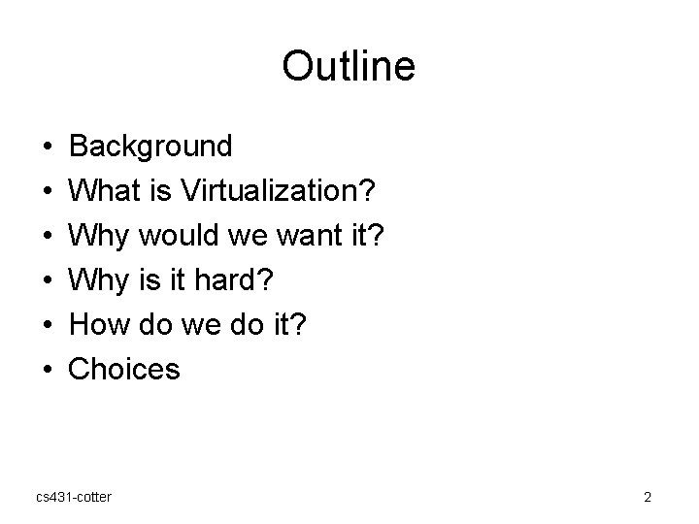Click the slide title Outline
pyautogui.click(x=349, y=66)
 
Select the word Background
pyautogui.click(x=151, y=147)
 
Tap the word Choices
pyautogui.click(x=125, y=369)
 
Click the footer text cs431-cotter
pyautogui.click(x=73, y=497)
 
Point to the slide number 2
pyautogui.click(x=647, y=497)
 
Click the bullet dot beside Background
pyautogui.click(x=48, y=147)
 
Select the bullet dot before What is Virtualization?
pyautogui.click(x=48, y=192)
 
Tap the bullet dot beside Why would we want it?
pyautogui.click(x=48, y=236)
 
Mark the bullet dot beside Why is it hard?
pyautogui.click(x=48, y=280)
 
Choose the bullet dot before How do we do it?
pyautogui.click(x=48, y=325)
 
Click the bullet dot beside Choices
pyautogui.click(x=48, y=370)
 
